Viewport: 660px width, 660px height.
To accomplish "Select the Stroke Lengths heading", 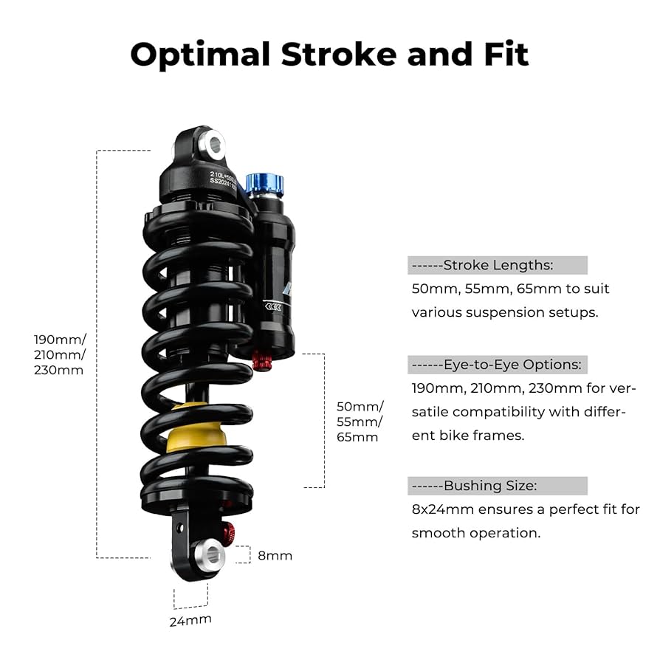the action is pos(498,265).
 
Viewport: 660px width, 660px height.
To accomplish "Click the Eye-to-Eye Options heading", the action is pos(512,365).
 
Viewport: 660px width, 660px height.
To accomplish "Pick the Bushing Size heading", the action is pos(490,486).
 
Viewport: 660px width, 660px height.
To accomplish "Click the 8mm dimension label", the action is pos(275,556).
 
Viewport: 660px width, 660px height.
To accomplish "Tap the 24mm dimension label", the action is pos(190,620).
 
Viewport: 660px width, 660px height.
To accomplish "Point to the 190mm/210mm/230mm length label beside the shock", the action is pos(60,354).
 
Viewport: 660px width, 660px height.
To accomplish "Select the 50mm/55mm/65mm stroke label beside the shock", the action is pos(360,422).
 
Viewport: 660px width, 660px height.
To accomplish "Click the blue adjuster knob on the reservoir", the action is pos(264,185).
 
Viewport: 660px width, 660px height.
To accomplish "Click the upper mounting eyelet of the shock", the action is pos(215,144).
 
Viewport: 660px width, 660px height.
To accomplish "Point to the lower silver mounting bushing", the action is pos(211,554).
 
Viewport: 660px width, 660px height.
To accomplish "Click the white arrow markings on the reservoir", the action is pos(275,305).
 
